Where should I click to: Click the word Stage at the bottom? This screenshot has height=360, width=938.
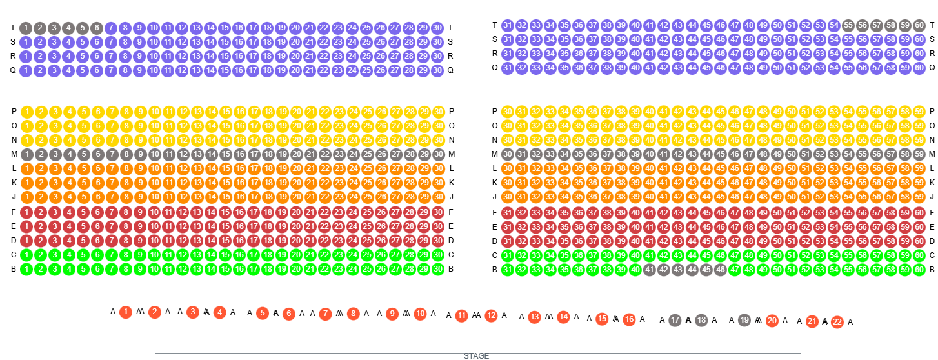click(477, 353)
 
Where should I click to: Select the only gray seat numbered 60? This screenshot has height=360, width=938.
click(919, 26)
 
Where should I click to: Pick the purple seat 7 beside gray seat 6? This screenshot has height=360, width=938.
click(111, 28)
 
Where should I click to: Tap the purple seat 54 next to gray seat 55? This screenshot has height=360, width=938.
click(834, 26)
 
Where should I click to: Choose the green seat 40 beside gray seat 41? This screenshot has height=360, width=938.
click(635, 270)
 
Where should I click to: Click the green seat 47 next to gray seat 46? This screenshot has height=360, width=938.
click(734, 270)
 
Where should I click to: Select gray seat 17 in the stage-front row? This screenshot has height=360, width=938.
click(675, 320)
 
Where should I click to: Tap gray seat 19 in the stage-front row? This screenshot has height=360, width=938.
click(744, 320)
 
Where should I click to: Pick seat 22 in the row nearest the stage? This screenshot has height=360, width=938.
click(837, 322)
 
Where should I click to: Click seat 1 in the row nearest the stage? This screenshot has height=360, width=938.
click(126, 312)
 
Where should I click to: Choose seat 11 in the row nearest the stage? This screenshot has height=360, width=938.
click(461, 315)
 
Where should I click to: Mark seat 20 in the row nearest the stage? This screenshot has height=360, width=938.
click(772, 321)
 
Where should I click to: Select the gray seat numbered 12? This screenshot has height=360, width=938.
click(183, 155)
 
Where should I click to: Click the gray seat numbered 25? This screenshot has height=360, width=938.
click(368, 155)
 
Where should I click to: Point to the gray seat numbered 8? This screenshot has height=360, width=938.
click(126, 155)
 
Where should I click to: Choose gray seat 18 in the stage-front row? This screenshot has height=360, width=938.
click(701, 320)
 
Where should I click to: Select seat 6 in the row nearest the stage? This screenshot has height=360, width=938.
click(288, 314)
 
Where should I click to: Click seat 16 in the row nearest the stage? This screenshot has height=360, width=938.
click(629, 319)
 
